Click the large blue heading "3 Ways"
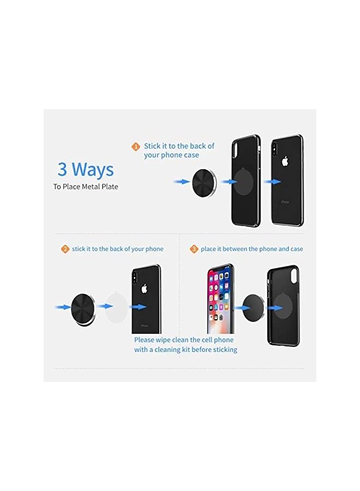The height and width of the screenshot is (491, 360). tap(86, 169)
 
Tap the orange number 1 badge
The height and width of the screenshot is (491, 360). tap(136, 147)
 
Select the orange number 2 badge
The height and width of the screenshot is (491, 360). tap(65, 249)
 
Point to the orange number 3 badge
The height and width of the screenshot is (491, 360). tap(194, 249)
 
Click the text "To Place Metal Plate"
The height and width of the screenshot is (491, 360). tap(86, 187)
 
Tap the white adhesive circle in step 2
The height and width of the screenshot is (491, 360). tap(117, 307)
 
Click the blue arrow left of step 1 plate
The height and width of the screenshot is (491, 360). tap(181, 182)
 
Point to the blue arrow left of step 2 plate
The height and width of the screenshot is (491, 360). tap(62, 308)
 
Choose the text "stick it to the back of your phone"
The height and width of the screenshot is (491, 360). tap(117, 249)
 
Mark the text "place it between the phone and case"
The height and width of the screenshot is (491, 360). tap(251, 249)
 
